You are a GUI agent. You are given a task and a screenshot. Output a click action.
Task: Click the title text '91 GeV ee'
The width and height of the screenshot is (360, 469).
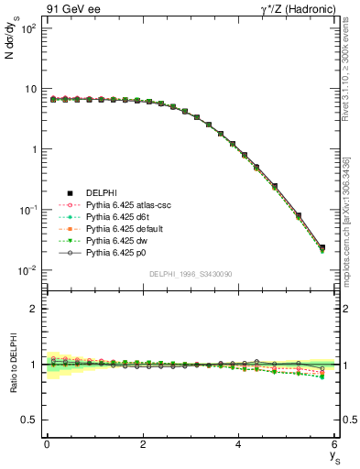tap(70, 9)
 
